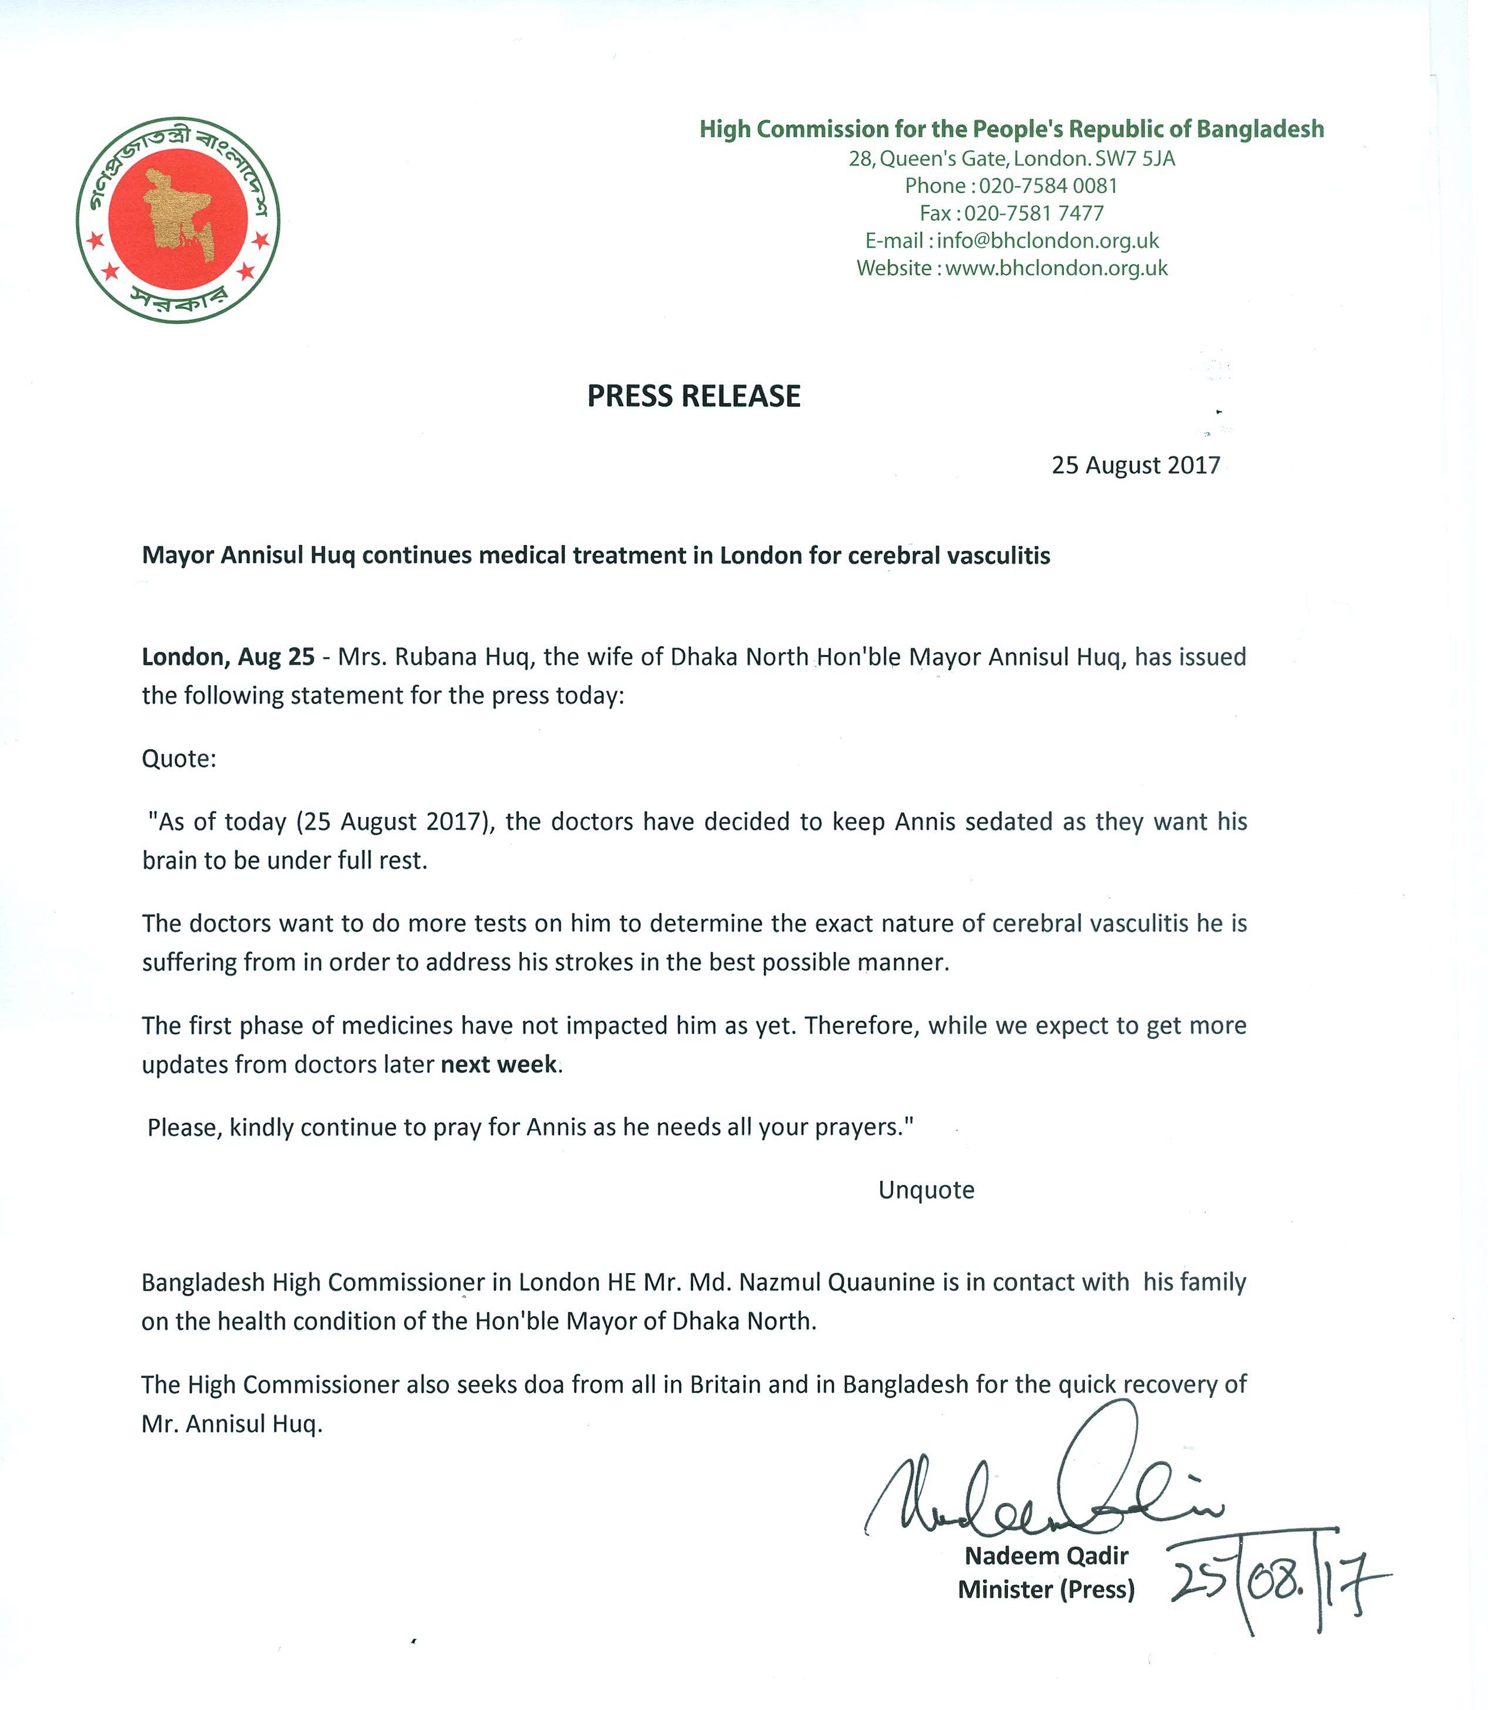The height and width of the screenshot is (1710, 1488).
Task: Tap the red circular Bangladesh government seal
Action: (178, 220)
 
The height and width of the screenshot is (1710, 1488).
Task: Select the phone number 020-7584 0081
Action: (1048, 185)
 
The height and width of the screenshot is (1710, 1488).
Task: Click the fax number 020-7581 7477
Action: (1034, 214)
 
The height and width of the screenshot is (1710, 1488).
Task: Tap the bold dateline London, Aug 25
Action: (228, 657)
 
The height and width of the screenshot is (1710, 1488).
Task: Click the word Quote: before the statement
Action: (178, 759)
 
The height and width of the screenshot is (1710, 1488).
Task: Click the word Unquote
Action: (926, 1190)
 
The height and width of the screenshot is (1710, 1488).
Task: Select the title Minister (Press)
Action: (1046, 1589)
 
